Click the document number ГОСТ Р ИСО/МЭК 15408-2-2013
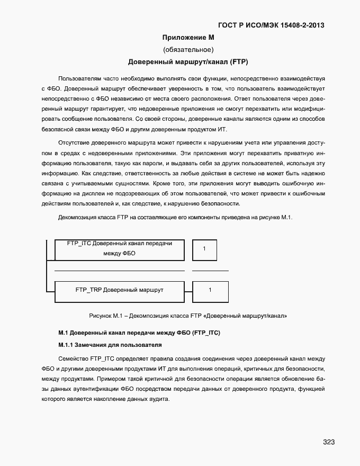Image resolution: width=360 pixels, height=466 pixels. coord(272,25)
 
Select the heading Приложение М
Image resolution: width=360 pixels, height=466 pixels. coord(188,38)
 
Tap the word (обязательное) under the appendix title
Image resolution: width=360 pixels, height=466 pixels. coord(188,50)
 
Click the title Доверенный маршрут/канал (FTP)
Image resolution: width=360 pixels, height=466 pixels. coord(188,62)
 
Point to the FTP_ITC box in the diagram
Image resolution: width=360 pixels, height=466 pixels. coord(120,249)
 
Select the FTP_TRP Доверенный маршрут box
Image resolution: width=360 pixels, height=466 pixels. coord(120,290)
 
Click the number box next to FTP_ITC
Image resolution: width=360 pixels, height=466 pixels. coord(204,249)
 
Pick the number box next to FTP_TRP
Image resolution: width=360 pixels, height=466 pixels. coord(210,290)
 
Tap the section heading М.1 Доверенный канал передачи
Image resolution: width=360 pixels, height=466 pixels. coord(139,333)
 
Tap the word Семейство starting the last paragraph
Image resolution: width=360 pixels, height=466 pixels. coord(74,359)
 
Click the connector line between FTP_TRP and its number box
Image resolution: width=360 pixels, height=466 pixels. coord(188,290)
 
